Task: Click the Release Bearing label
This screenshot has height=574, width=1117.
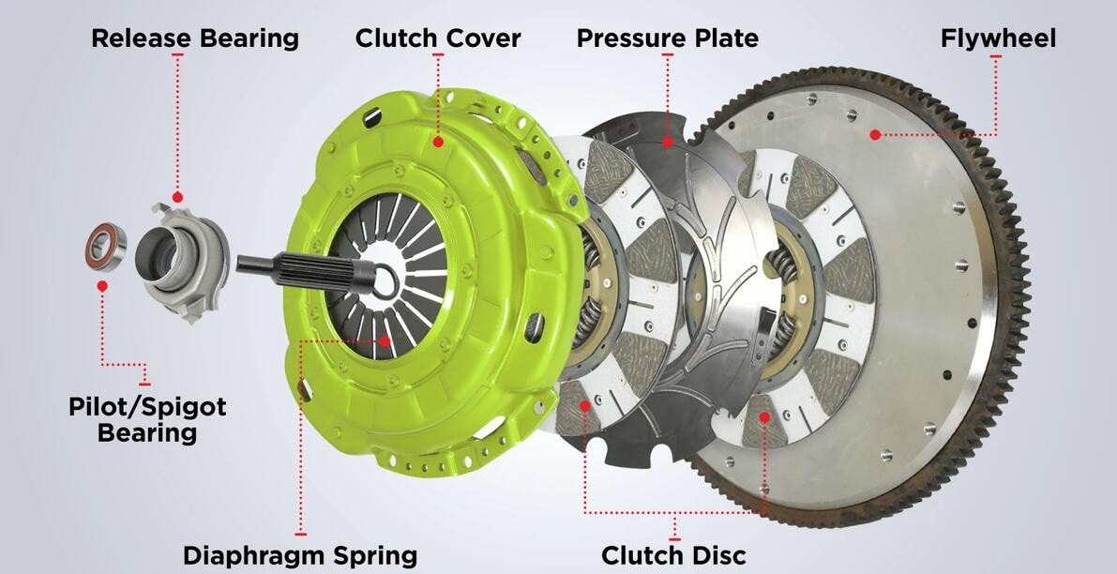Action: (x=195, y=38)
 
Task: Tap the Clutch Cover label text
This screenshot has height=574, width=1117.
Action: (x=438, y=38)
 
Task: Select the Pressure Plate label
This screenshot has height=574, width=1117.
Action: (x=667, y=38)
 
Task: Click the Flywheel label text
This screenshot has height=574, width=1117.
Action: (x=998, y=38)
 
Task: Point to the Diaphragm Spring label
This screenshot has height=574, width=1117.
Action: (x=300, y=554)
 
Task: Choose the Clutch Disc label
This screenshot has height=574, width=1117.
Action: (x=673, y=554)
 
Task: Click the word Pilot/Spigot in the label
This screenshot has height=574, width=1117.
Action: (x=147, y=407)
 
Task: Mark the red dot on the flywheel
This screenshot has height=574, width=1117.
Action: (x=874, y=135)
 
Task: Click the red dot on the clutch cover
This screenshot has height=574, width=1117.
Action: (x=438, y=142)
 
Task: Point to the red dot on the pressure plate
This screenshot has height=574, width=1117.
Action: (x=667, y=143)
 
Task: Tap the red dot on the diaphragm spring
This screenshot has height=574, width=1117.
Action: (x=383, y=341)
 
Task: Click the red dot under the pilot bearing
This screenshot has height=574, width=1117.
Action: (x=101, y=285)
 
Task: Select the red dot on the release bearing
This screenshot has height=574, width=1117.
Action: (x=177, y=198)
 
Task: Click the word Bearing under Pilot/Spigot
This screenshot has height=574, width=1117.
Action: (x=147, y=432)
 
